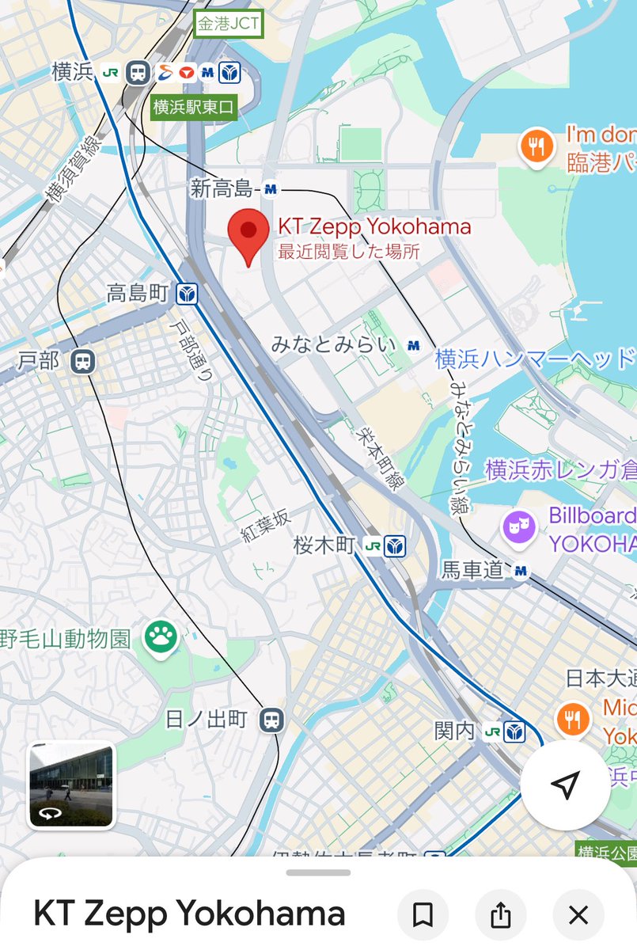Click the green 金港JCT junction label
tap(228, 24)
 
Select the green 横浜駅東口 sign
tap(194, 107)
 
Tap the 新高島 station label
tap(222, 189)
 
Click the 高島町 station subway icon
tap(188, 294)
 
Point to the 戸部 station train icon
tap(82, 362)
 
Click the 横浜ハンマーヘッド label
tap(535, 359)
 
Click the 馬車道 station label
tap(473, 570)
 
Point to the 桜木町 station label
tap(325, 545)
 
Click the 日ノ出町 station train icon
tap(271, 719)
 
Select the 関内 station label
tap(455, 730)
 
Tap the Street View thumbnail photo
tap(71, 785)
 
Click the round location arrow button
tap(564, 785)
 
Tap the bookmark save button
tap(423, 915)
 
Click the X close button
tap(578, 915)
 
